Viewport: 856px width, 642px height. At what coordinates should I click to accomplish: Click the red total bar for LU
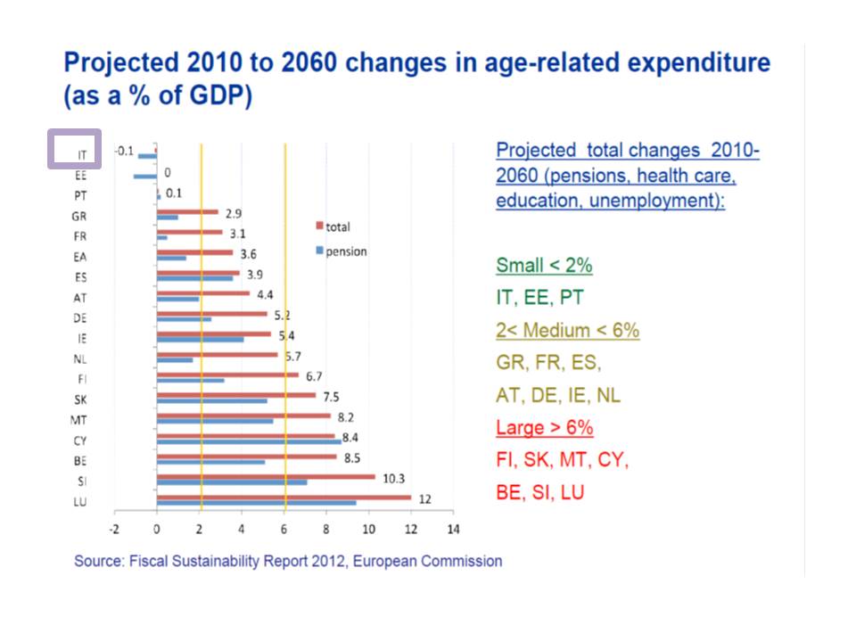pyautogui.click(x=284, y=498)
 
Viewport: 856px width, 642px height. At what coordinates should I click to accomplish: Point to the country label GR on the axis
pyautogui.click(x=79, y=216)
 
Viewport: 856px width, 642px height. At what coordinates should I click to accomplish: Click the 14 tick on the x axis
pyautogui.click(x=453, y=529)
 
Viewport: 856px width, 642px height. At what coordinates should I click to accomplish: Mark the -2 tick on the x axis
pyautogui.click(x=114, y=529)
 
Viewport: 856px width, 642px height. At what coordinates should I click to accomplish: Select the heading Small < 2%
pyautogui.click(x=544, y=265)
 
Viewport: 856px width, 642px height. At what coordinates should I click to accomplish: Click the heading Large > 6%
pyautogui.click(x=544, y=427)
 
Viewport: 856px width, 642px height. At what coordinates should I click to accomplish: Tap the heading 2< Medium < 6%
pyautogui.click(x=567, y=330)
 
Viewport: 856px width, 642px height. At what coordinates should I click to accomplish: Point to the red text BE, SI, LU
pyautogui.click(x=540, y=491)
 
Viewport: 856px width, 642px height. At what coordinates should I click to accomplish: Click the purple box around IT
pyautogui.click(x=74, y=148)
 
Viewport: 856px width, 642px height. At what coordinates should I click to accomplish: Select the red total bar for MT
pyautogui.click(x=243, y=416)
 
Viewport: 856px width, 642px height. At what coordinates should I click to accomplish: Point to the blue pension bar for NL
pyautogui.click(x=175, y=360)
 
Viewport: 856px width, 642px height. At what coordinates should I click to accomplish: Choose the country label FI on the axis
pyautogui.click(x=80, y=379)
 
